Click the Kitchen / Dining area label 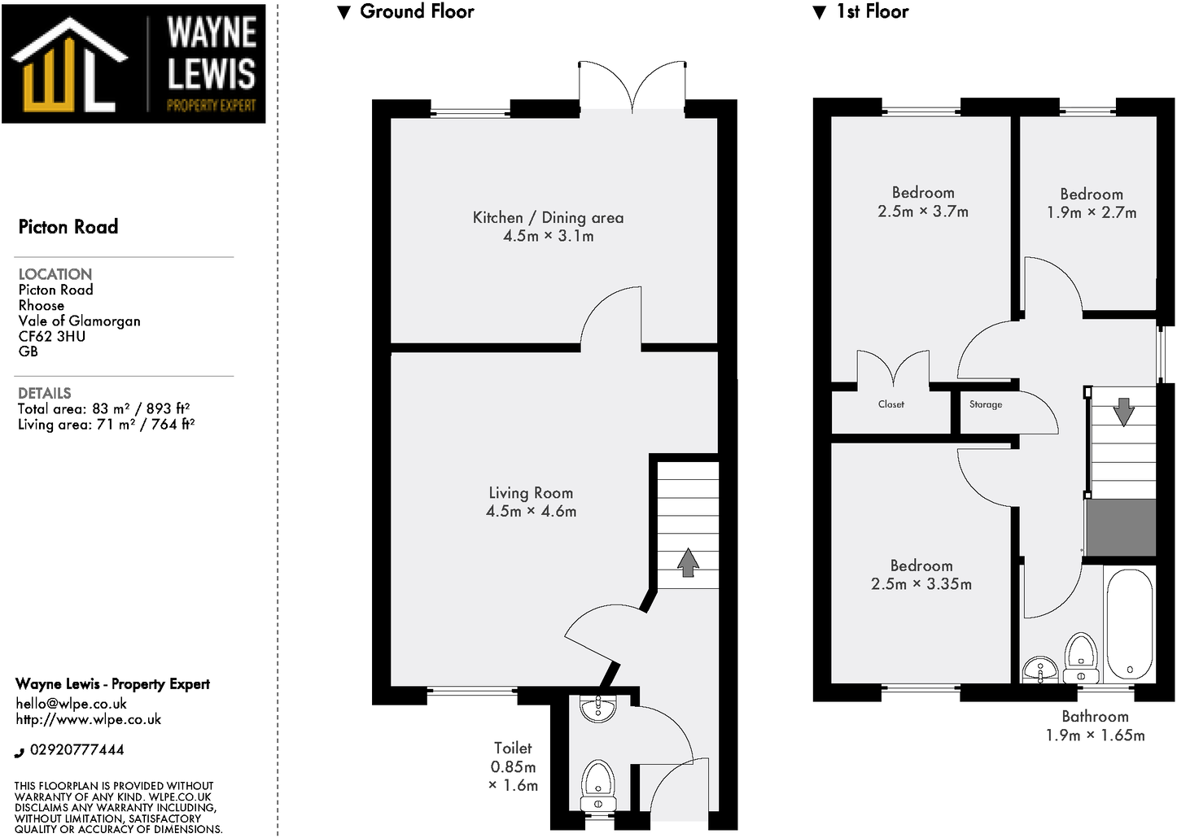coord(548,217)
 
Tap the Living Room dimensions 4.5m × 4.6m coord(531,512)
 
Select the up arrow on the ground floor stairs coord(688,562)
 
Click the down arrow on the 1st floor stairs coord(1124,411)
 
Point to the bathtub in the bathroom coord(1129,624)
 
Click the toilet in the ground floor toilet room coord(597,783)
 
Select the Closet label coord(890,404)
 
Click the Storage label coord(985,404)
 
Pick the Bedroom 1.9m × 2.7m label coord(1092,194)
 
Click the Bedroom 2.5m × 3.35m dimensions coord(921,584)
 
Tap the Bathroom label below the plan coord(1095,717)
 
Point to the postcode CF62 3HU coord(51,336)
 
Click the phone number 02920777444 coord(77,750)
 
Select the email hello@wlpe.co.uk coord(71,704)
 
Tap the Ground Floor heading coord(416,11)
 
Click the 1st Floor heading coord(871,11)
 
